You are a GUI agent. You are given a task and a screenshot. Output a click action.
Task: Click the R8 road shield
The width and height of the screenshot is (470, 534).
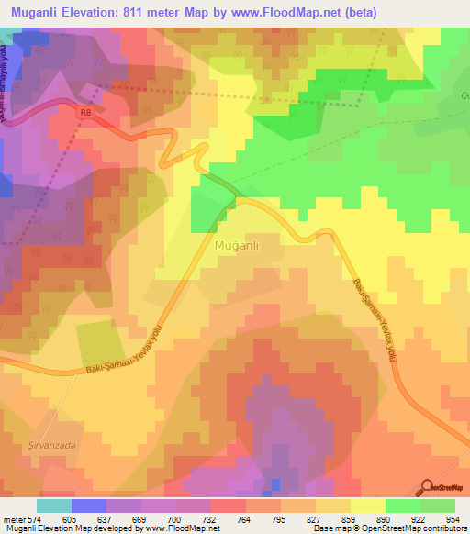pyautogui.click(x=85, y=112)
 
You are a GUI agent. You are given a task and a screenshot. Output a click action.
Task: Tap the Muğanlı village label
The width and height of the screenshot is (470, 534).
pyautogui.click(x=241, y=247)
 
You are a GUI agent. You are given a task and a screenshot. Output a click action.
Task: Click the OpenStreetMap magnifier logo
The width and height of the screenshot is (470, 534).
pyautogui.click(x=427, y=487)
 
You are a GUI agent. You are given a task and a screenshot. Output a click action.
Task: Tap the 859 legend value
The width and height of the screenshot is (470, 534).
pyautogui.click(x=334, y=518)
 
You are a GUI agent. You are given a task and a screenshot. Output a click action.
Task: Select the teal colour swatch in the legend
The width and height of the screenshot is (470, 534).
pyautogui.click(x=54, y=505)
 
